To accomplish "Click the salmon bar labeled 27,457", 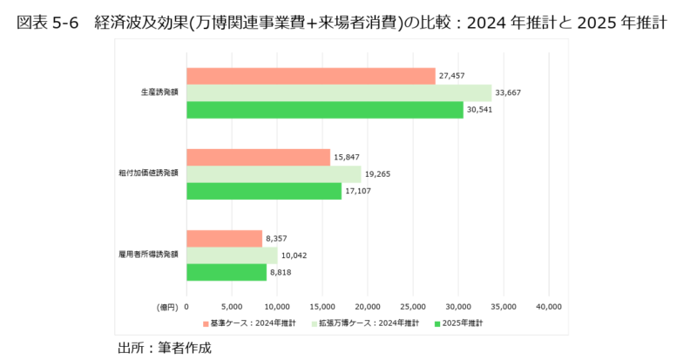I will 310,77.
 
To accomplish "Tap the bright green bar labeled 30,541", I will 324,110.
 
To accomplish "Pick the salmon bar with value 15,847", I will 258,157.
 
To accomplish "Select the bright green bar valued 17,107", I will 264,190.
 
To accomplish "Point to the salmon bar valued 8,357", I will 224,238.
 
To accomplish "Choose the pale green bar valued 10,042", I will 232,255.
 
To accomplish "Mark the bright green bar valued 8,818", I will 227,271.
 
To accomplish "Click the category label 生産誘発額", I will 159,92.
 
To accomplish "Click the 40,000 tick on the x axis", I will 548,307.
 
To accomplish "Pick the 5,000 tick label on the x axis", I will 232,307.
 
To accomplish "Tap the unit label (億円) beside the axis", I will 167,307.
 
